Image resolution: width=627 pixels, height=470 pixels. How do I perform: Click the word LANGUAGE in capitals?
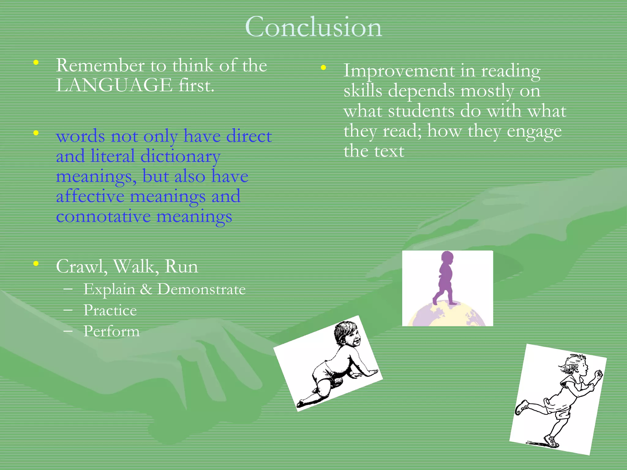pyautogui.click(x=114, y=85)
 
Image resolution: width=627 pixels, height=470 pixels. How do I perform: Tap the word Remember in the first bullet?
pyautogui.click(x=100, y=65)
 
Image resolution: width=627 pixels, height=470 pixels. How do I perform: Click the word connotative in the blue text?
pyautogui.click(x=103, y=217)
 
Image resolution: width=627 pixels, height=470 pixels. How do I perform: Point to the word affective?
pyautogui.click(x=90, y=196)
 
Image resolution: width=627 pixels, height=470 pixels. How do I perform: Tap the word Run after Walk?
pyautogui.click(x=181, y=267)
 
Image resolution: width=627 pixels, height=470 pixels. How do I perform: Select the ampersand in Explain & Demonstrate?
pyautogui.click(x=146, y=289)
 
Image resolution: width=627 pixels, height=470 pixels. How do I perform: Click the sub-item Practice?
pyautogui.click(x=110, y=310)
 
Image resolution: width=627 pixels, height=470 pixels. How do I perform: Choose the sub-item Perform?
pyautogui.click(x=111, y=331)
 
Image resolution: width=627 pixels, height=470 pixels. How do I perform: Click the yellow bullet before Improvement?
pyautogui.click(x=323, y=68)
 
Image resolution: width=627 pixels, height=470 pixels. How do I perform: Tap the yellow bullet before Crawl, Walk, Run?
pyautogui.click(x=36, y=263)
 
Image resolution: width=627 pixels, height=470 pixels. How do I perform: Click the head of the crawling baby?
pyautogui.click(x=347, y=334)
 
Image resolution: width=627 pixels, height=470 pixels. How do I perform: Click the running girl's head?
pyautogui.click(x=577, y=364)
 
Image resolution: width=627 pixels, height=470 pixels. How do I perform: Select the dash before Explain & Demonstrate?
pyautogui.click(x=68, y=289)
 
